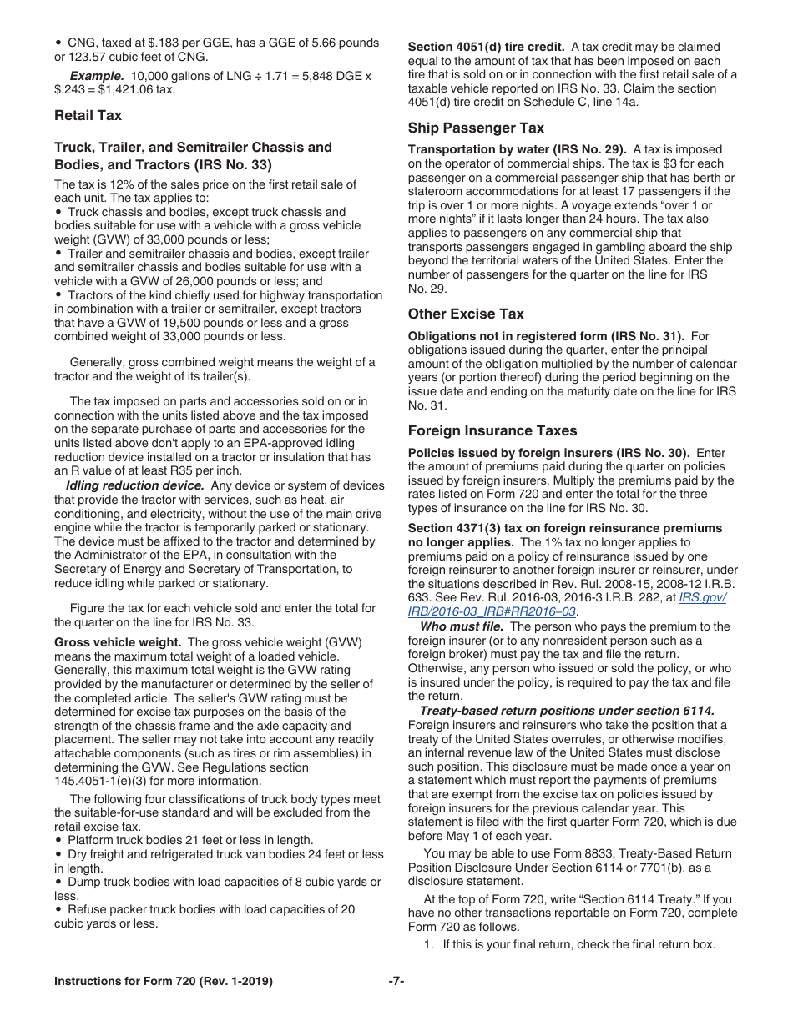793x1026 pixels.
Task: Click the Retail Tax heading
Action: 88,115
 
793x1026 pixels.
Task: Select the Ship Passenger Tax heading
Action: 476,128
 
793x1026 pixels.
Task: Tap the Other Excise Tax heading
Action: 466,314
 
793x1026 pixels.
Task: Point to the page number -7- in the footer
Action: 396,982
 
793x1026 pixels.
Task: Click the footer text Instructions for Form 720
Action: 163,982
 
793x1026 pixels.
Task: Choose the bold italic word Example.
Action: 92,76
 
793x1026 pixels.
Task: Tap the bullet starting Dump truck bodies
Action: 217,882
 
